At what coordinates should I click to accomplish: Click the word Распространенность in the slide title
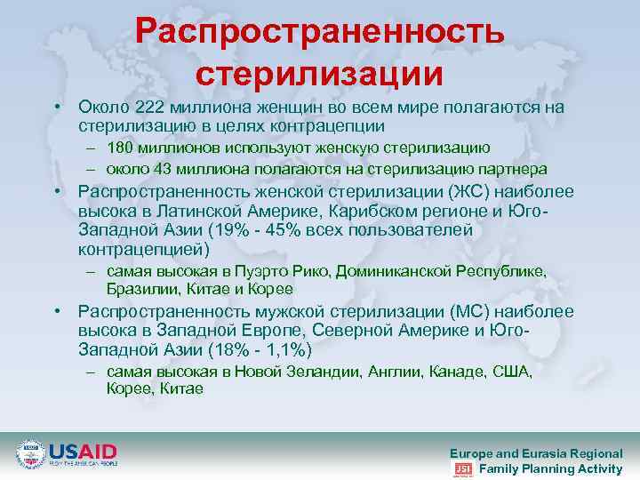coord(321,31)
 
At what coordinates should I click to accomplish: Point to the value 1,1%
coord(285,350)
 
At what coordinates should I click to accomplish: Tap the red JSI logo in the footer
coord(462,469)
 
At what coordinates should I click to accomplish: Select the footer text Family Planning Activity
coord(550,468)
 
